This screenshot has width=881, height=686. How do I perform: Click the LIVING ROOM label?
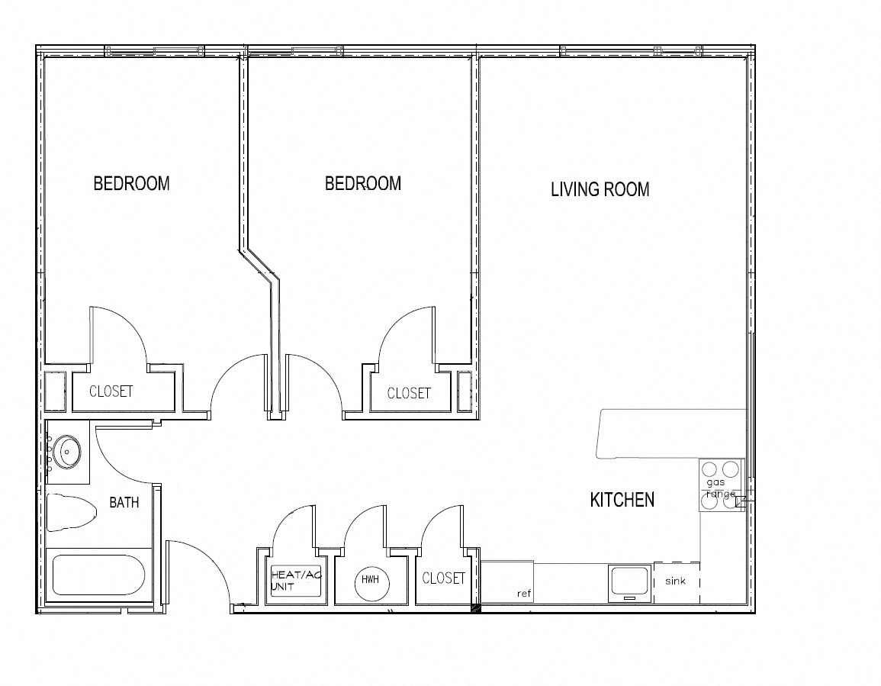tap(600, 189)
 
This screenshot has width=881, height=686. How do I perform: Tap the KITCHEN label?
tap(622, 499)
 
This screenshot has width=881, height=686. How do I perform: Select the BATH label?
tap(124, 502)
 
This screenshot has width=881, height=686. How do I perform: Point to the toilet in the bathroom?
tap(69, 512)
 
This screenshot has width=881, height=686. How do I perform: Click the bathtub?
tap(98, 575)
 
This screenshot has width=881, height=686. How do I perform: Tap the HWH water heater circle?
tap(370, 580)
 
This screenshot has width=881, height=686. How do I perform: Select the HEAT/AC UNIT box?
tap(295, 581)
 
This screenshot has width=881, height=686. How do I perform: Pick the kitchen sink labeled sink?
tap(677, 582)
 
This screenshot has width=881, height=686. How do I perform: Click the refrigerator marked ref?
tap(507, 581)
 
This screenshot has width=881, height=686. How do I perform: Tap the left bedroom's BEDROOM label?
tap(131, 183)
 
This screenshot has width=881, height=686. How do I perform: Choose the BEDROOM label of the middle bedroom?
tap(363, 183)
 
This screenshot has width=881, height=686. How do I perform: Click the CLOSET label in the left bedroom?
tap(111, 391)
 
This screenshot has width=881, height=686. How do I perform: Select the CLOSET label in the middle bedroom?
tap(409, 393)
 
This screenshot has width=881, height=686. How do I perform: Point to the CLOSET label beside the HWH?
tap(443, 578)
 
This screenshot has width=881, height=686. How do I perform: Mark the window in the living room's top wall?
tap(631, 51)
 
